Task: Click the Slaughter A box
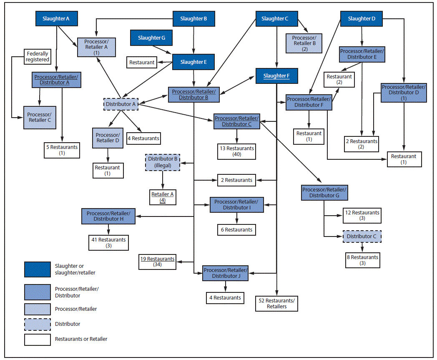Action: click(x=56, y=19)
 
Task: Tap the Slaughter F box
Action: click(x=276, y=76)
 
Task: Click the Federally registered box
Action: click(x=38, y=56)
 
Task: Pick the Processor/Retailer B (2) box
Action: click(x=304, y=43)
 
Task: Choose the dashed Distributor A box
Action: click(x=121, y=104)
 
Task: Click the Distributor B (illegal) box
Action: click(x=163, y=161)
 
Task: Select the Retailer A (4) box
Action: click(x=163, y=197)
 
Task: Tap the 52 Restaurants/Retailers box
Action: click(x=277, y=303)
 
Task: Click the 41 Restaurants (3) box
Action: click(x=108, y=243)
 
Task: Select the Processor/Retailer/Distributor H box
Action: click(x=108, y=216)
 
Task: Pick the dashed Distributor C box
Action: click(x=362, y=237)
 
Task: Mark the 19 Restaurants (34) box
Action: click(x=157, y=262)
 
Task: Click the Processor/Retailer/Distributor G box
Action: click(x=324, y=192)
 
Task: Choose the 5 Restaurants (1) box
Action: click(x=62, y=150)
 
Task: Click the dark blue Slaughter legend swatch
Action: click(x=37, y=269)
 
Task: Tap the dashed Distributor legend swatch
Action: click(x=37, y=324)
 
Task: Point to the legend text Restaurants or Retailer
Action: click(x=81, y=339)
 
